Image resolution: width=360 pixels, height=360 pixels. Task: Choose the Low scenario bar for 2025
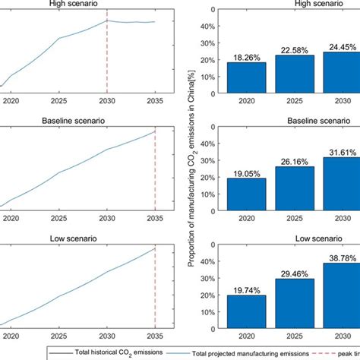[x=295, y=305]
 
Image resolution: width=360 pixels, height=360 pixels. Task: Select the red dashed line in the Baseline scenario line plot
[x=155, y=167]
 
